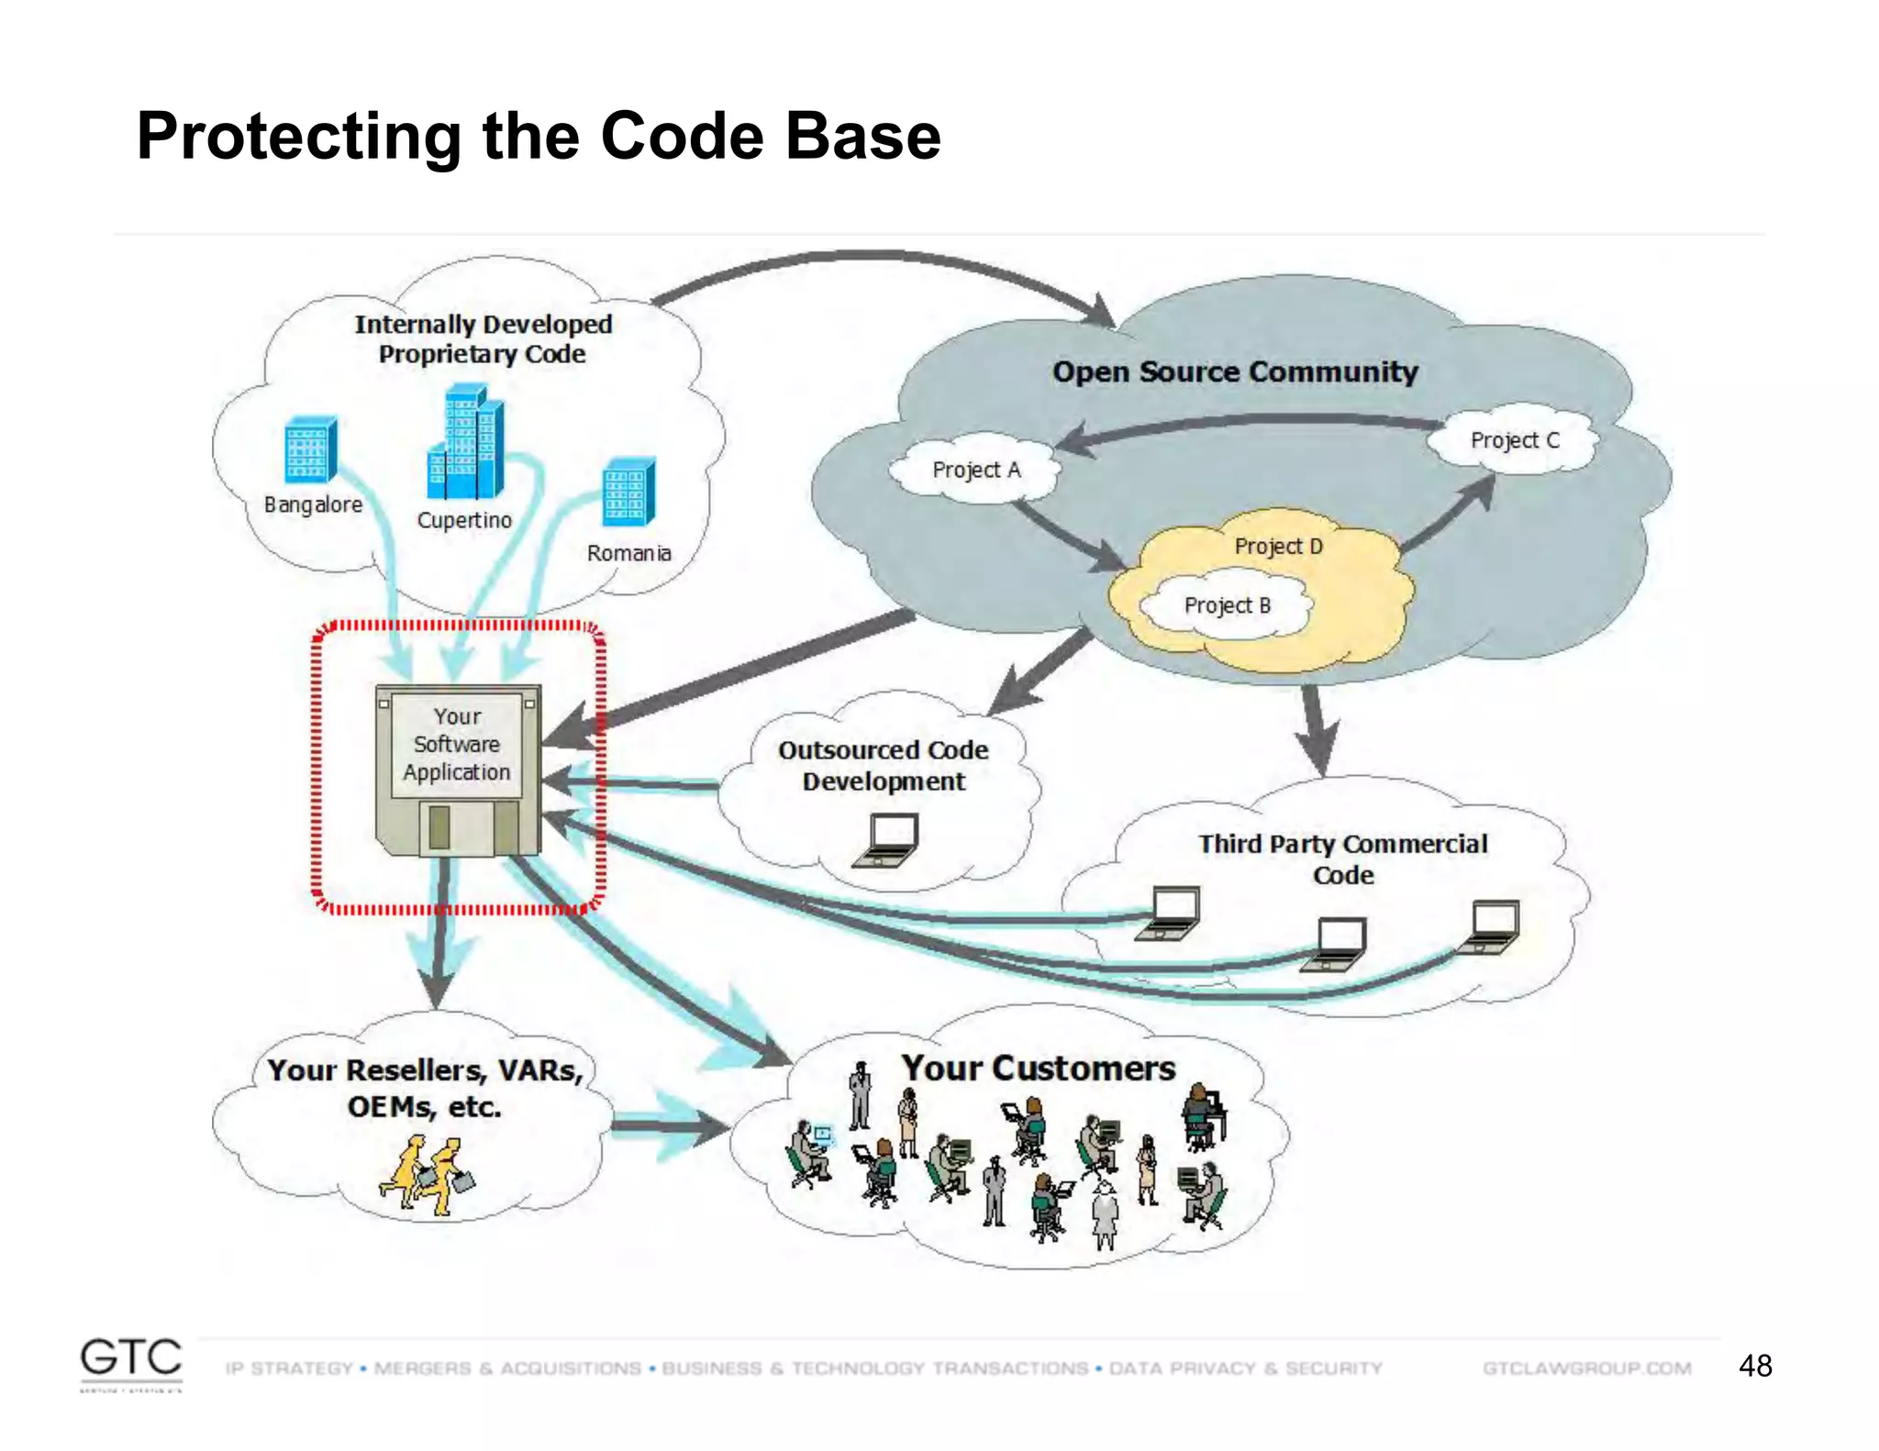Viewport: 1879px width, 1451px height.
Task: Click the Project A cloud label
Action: click(975, 470)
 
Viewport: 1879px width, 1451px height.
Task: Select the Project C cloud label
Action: click(1514, 440)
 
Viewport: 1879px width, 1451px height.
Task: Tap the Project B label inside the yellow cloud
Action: click(1227, 605)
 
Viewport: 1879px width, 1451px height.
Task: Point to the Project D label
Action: click(1278, 547)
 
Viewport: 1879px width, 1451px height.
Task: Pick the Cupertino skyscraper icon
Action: click(466, 444)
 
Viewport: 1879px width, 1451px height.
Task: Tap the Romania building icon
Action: click(629, 491)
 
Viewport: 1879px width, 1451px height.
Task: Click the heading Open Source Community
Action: click(1235, 371)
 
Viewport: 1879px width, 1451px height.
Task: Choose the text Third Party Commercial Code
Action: click(1342, 858)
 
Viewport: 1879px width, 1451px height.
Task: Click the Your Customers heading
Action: click(1038, 1069)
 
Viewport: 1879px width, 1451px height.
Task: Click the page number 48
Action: click(1754, 1366)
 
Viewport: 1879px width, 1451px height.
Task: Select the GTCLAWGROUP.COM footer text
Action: click(1586, 1368)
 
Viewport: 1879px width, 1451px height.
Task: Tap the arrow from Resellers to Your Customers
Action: click(670, 1126)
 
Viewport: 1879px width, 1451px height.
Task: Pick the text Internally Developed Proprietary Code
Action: click(483, 338)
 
